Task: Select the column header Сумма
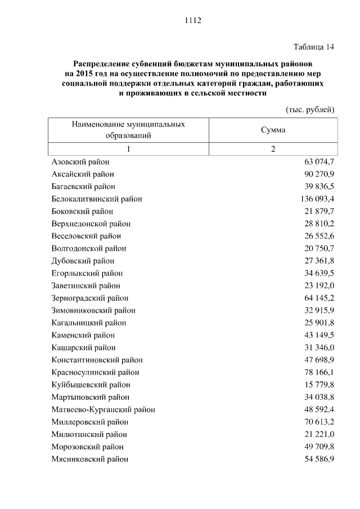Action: [273, 130]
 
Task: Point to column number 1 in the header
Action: [128, 149]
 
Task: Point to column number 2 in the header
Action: [273, 149]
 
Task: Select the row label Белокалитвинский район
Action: [97, 199]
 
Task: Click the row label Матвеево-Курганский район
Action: [103, 409]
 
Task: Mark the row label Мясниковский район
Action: [90, 459]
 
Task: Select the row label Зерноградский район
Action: [90, 298]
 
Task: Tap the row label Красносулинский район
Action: [95, 372]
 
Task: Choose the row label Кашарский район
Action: [84, 348]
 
